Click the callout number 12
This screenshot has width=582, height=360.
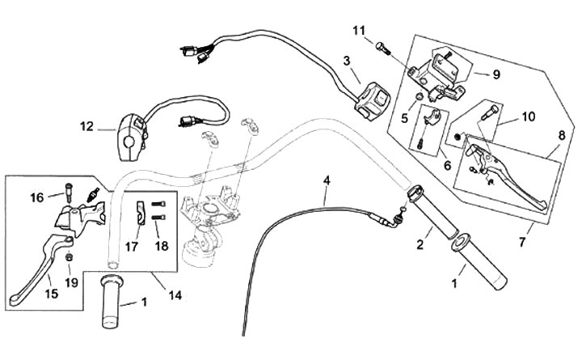(86, 126)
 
